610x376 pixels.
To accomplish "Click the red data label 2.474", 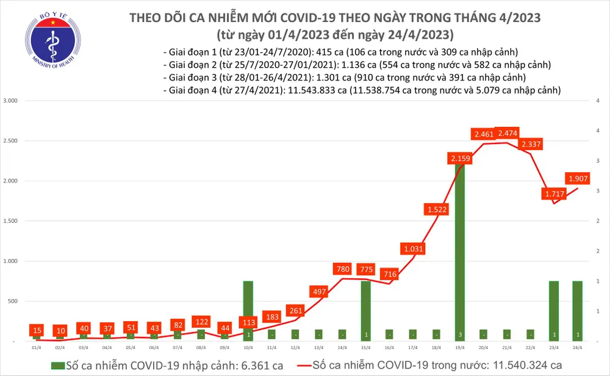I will tap(508, 132).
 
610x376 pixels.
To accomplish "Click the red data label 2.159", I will tap(459, 159).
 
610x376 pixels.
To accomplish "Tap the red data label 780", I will tap(342, 269).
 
